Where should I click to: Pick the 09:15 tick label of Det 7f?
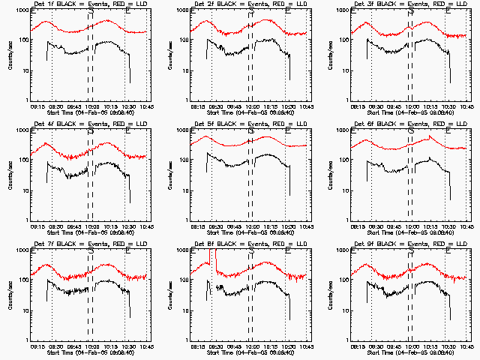point(36,346)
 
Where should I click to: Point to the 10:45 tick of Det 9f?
point(466,346)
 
